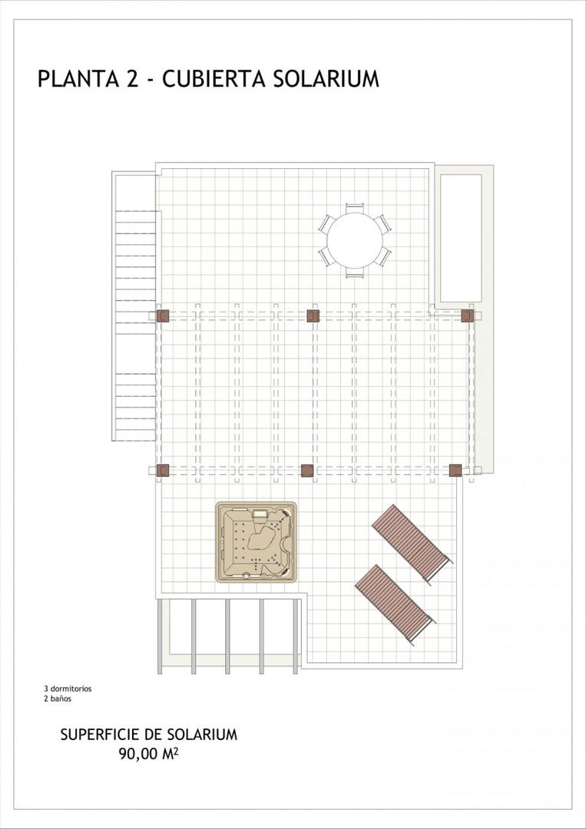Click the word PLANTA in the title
pos(76,79)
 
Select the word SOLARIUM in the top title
pos(326,79)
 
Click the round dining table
pos(354,240)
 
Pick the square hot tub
pos(256,542)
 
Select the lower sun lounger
pos(395,603)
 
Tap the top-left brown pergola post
pos(163,315)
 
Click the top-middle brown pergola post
pos(313,315)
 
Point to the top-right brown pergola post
pos(467,315)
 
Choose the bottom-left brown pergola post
pos(163,470)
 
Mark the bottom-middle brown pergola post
pos(307,470)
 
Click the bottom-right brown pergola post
pos(455,470)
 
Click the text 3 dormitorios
pos(68,689)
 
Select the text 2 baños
pos(57,699)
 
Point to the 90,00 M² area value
pos(148,754)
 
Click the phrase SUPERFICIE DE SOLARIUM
pos(148,735)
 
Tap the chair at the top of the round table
pos(354,207)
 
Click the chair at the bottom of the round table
pos(354,272)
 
